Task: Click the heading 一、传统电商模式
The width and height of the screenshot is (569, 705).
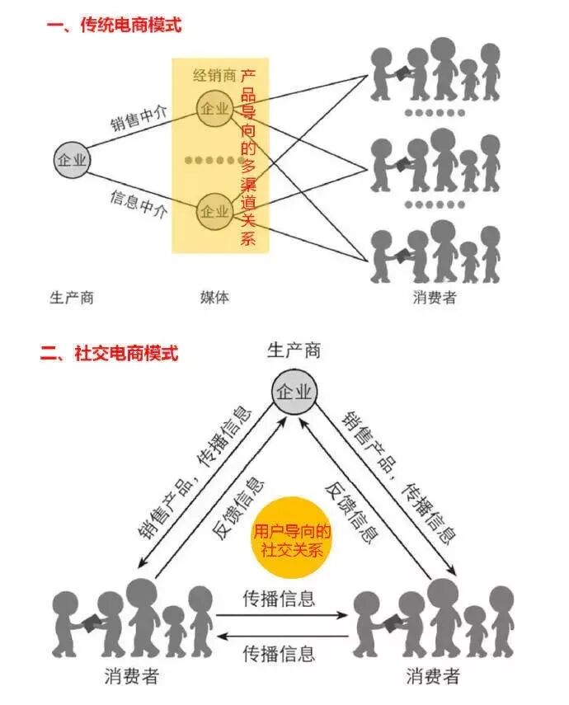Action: [x=114, y=26]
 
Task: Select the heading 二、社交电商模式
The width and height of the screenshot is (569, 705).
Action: [x=110, y=355]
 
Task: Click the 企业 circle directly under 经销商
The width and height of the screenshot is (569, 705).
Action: [x=214, y=108]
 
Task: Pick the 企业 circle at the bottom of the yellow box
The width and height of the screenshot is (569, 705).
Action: [x=214, y=211]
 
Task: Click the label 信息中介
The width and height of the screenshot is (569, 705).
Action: [x=139, y=204]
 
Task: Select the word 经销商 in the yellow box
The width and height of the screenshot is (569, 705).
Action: [x=214, y=76]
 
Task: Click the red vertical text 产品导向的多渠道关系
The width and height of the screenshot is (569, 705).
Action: [x=248, y=157]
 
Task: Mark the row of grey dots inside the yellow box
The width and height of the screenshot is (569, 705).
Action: [x=214, y=159]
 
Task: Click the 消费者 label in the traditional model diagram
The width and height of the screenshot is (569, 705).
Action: [x=435, y=297]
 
